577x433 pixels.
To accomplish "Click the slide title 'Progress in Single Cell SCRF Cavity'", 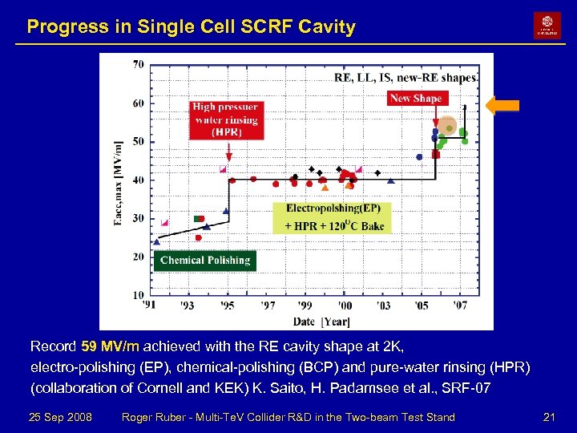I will pos(191,26).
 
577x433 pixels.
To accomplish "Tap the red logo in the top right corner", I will pos(547,26).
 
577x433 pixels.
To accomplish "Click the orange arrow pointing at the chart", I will pos(502,105).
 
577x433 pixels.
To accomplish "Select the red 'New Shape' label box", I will pos(416,98).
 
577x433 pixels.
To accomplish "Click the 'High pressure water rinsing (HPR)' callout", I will pos(225,119).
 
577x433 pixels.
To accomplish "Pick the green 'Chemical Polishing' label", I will pos(205,260).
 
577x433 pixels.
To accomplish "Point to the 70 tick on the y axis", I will pos(139,64).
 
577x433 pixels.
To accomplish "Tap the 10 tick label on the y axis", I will pos(139,296).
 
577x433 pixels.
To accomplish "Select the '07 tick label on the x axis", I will pos(460,306).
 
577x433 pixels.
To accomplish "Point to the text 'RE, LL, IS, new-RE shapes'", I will pos(405,78).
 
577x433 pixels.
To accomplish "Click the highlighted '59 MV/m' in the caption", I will pos(111,347).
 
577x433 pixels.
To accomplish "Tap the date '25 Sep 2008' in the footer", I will pos(60,417).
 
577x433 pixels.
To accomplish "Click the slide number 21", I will pos(549,417).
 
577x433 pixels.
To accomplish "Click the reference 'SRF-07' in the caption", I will pos(469,389).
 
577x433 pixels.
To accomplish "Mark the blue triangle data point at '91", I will pos(156,241).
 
